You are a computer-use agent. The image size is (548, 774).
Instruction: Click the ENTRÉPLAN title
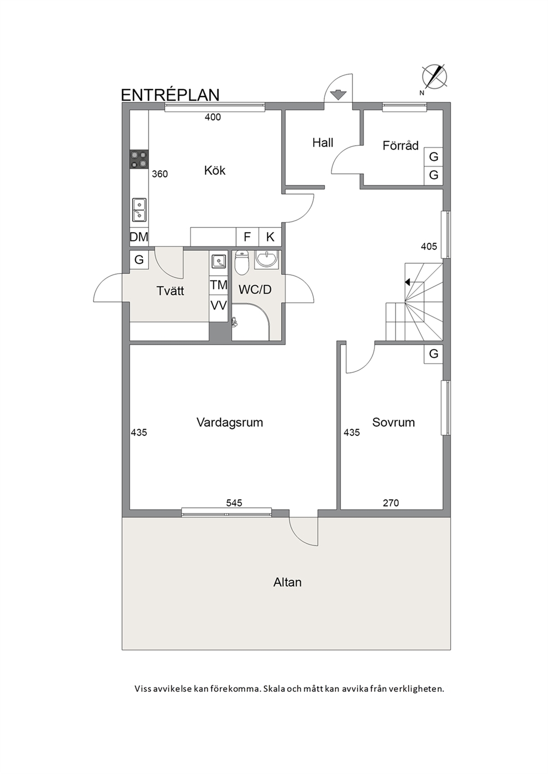(170, 95)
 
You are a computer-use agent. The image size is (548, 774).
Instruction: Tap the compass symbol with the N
(434, 78)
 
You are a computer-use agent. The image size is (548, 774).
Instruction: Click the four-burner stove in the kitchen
(139, 159)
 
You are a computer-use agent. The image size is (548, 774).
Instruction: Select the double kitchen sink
(139, 210)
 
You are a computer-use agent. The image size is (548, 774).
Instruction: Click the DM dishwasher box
(139, 237)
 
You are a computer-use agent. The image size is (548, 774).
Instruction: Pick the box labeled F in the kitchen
(247, 237)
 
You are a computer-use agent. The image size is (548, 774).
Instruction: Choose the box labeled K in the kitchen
(270, 237)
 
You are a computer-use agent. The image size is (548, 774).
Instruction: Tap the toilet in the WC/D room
(242, 263)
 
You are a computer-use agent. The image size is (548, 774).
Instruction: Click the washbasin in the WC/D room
(266, 259)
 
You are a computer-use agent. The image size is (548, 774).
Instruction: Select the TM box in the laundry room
(218, 285)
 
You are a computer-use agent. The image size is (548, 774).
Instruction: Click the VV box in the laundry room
(218, 306)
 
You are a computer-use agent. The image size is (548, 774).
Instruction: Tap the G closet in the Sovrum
(434, 354)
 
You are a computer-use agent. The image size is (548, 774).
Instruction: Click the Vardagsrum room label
(230, 422)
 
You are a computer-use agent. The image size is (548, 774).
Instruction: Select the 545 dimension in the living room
(234, 503)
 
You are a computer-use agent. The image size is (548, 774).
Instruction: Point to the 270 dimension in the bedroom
(391, 503)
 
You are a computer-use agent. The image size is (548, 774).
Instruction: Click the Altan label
(287, 583)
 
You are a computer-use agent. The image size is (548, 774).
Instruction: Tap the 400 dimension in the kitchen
(213, 117)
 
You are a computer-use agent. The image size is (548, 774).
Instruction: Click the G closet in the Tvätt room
(139, 259)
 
